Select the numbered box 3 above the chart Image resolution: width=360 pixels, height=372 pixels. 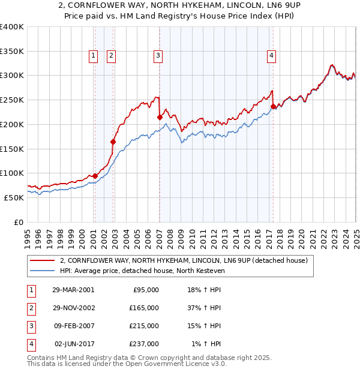tap(158, 56)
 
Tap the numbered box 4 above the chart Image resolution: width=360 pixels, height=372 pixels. tap(272, 56)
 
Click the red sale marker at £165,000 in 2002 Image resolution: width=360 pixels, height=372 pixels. tap(113, 142)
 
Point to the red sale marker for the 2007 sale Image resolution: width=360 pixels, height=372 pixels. tap(160, 117)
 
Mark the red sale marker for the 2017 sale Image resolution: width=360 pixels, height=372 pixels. tap(273, 107)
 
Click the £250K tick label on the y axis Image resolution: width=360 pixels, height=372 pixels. tap(12, 100)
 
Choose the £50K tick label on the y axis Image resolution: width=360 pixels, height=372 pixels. tap(14, 197)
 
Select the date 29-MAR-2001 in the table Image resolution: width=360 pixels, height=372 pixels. tap(73, 290)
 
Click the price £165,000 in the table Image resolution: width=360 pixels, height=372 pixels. tap(145, 308)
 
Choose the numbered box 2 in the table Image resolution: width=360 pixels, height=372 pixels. tap(30, 308)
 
